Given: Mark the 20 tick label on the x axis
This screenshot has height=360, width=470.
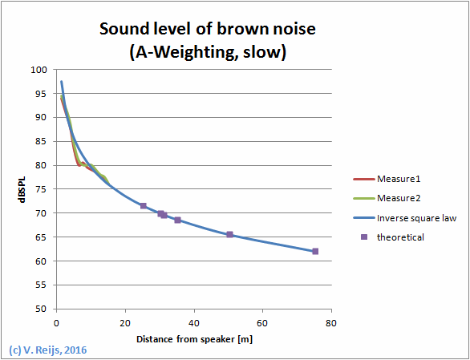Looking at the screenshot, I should point(124,322).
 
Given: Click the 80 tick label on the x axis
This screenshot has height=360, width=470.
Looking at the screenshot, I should point(330,322).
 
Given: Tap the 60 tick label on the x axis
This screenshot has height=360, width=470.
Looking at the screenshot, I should point(261,322).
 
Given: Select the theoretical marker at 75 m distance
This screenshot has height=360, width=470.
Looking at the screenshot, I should point(315,251).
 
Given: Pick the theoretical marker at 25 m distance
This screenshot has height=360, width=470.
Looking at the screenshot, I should point(144,206).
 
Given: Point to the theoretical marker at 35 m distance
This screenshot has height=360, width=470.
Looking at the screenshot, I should point(178,220).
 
